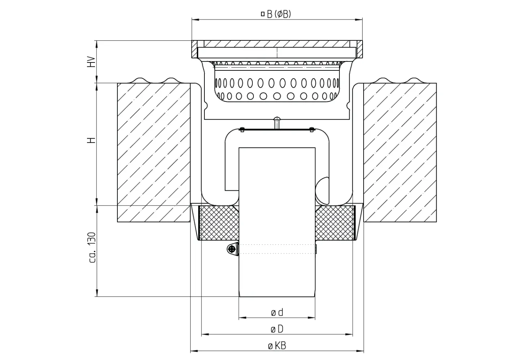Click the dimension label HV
pyautogui.click(x=92, y=62)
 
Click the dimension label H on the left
pyautogui.click(x=92, y=140)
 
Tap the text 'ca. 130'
pyautogui.click(x=92, y=247)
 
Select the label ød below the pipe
pyautogui.click(x=277, y=312)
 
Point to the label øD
pyautogui.click(x=277, y=329)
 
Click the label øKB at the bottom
pyautogui.click(x=277, y=346)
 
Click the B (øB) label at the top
pyautogui.click(x=276, y=14)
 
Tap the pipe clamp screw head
pyautogui.click(x=231, y=248)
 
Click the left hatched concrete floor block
pyautogui.click(x=153, y=152)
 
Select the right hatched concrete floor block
pyautogui.click(x=400, y=152)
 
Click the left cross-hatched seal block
pyautogui.click(x=218, y=223)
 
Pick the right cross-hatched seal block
pyautogui.click(x=335, y=223)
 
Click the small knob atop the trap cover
pyautogui.click(x=277, y=121)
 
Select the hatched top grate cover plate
pyautogui.click(x=277, y=44)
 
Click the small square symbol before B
pyautogui.click(x=263, y=14)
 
